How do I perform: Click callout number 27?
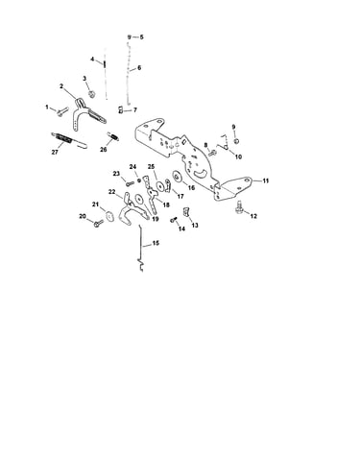[55, 153]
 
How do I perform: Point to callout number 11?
[266, 180]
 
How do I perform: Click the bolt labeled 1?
[62, 111]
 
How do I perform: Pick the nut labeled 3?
[92, 94]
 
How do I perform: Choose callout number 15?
[156, 243]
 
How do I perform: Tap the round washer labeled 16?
[177, 176]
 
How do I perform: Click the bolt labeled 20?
[98, 224]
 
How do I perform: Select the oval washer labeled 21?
[109, 216]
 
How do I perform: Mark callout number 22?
[111, 192]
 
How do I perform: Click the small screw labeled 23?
[130, 184]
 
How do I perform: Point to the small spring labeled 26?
[113, 135]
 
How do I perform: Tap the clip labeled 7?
[120, 109]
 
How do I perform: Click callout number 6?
[139, 68]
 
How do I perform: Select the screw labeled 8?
[212, 153]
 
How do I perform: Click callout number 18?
[166, 204]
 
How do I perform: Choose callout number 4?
[92, 60]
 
